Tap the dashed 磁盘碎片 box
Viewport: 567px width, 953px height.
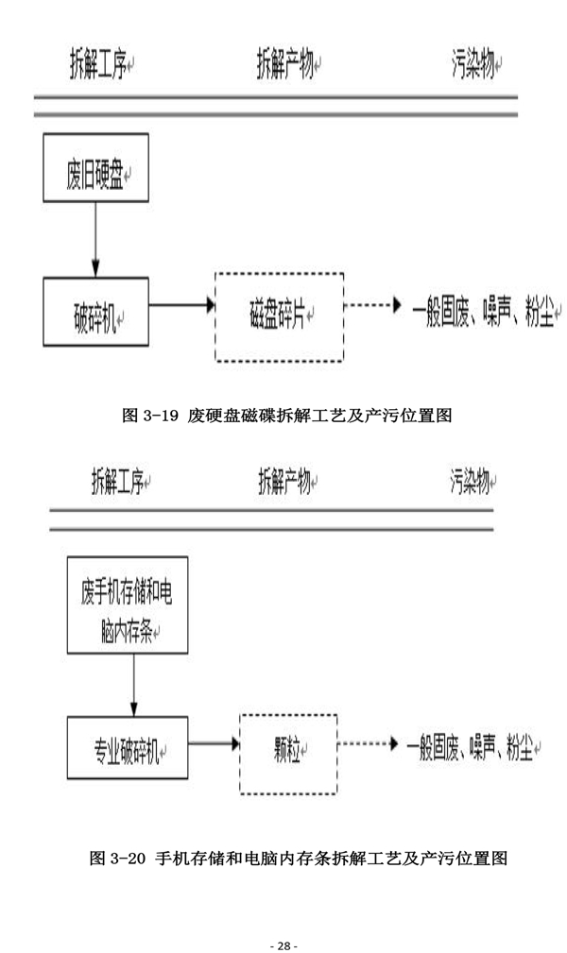280,317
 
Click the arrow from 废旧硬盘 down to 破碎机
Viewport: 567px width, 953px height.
95,239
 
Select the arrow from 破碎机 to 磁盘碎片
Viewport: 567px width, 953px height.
182,306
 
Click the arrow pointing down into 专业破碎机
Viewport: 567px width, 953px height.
133,687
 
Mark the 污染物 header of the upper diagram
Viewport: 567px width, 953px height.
475,66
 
